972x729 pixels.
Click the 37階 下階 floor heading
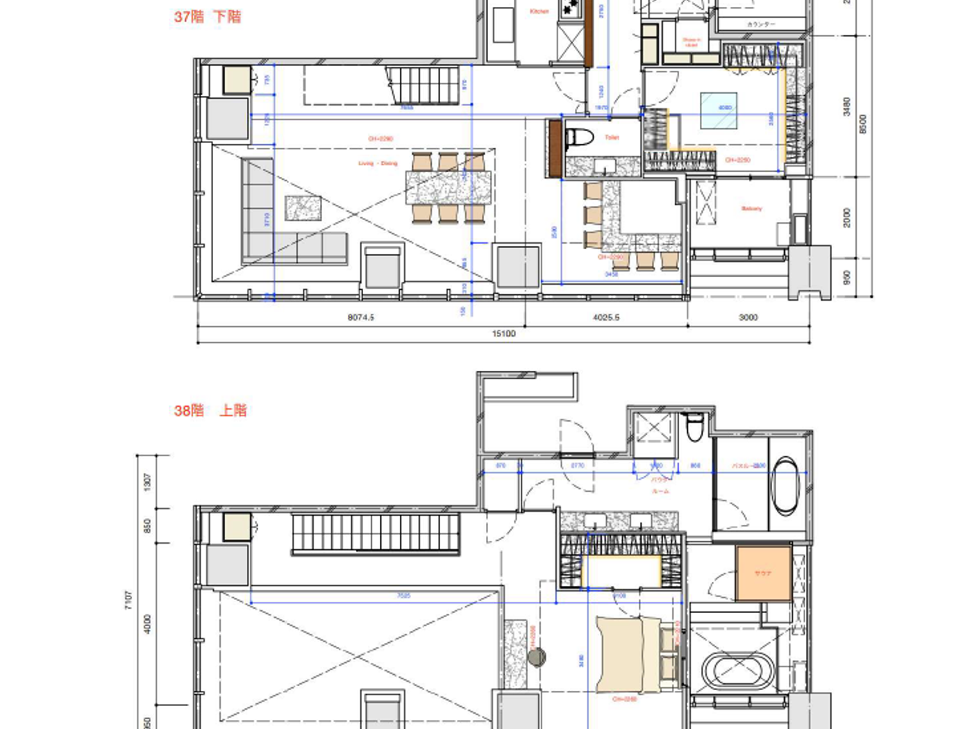pos(207,17)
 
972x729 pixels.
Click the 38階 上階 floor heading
pos(210,410)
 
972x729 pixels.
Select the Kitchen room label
pos(539,12)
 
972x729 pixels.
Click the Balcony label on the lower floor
pos(751,208)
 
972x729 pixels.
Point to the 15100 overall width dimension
pos(503,334)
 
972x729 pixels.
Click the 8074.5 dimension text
pos(360,317)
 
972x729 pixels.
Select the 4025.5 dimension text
pos(606,317)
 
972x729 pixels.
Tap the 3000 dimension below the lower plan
pos(748,317)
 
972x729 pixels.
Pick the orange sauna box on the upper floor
pos(763,573)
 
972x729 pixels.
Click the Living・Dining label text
pos(378,164)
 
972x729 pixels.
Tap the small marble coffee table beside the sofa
pos(303,208)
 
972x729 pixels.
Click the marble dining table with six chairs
pos(449,188)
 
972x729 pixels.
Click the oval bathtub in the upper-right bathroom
pos(786,485)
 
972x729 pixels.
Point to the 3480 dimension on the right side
pos(846,106)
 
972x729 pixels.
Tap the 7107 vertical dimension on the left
pos(128,600)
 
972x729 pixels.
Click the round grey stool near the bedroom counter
pos(537,656)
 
